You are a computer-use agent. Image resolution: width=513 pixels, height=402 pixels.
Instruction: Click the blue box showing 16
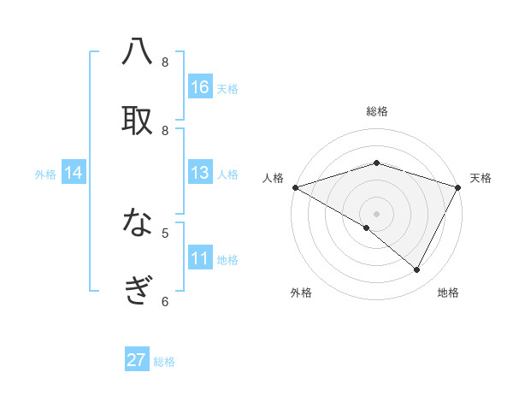[x=200, y=87]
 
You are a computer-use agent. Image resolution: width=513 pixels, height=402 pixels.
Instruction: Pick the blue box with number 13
[x=200, y=173]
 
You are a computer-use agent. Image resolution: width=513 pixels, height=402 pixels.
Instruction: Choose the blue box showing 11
[x=200, y=258]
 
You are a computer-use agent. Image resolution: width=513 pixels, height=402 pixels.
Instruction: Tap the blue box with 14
[x=74, y=173]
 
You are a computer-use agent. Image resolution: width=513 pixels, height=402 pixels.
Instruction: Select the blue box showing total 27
[x=137, y=360]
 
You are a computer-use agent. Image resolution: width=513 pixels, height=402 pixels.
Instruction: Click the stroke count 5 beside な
[x=165, y=232]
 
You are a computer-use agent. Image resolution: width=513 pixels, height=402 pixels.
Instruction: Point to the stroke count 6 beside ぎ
[x=165, y=300]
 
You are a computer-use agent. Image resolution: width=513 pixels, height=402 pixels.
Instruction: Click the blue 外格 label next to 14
[x=45, y=174]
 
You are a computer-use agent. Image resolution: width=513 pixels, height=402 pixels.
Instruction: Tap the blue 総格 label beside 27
[x=165, y=362]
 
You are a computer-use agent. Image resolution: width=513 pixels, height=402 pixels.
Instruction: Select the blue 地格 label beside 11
[x=227, y=260]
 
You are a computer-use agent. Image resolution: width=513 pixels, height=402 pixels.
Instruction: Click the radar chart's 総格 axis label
[x=377, y=111]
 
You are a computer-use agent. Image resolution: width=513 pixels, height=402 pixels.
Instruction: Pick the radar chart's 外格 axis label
[x=301, y=293]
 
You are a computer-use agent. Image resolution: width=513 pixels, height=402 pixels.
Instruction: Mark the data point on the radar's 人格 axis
[x=295, y=186]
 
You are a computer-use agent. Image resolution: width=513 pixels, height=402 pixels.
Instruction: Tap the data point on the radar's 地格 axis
[x=417, y=269]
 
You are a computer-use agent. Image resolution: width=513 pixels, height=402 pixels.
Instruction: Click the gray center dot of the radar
[x=376, y=213]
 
